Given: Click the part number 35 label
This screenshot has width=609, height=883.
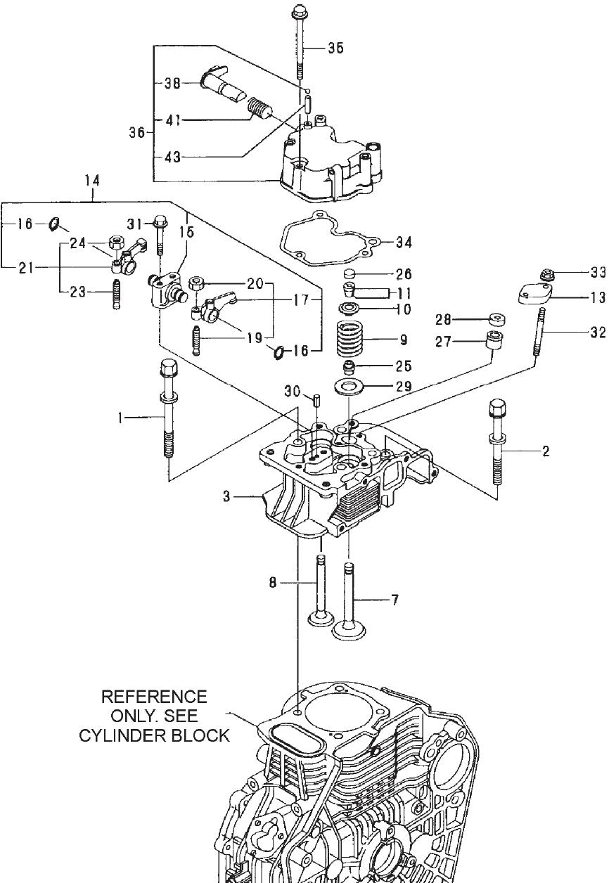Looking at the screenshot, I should click(x=335, y=49).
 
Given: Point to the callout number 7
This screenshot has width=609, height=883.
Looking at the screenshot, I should click(x=395, y=600).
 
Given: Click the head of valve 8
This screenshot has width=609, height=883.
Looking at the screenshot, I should click(x=321, y=619).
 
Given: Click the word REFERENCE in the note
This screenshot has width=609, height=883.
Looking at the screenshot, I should click(x=155, y=697).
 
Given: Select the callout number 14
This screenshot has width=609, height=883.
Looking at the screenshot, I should click(x=91, y=181).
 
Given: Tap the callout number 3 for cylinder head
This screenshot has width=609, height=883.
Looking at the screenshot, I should click(x=226, y=497).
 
